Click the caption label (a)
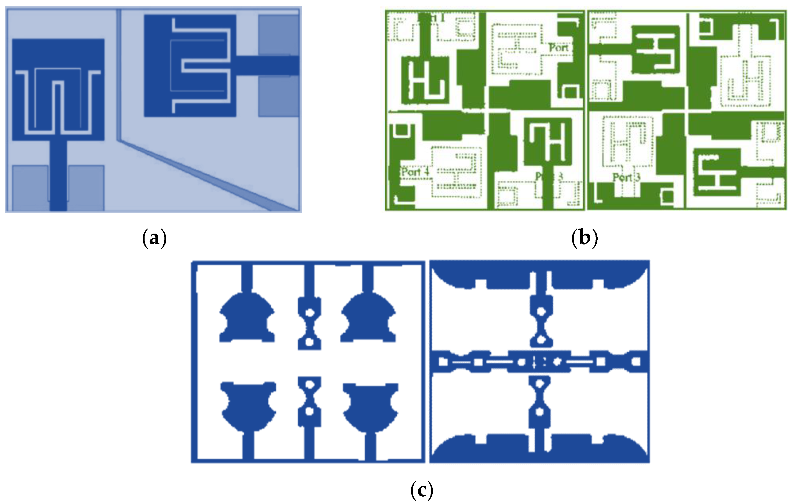point(154,238)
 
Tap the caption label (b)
point(584,238)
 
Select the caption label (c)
point(422,490)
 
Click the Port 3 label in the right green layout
point(626,178)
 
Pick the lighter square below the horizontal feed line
point(278,97)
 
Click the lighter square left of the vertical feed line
point(30,187)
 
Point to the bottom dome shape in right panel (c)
point(539,450)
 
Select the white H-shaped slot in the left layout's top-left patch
point(424,80)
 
